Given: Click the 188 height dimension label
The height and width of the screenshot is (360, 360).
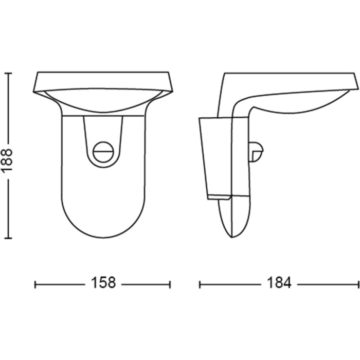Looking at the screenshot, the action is click(x=6, y=160).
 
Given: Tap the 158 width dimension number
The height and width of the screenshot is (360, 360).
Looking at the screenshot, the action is click(x=103, y=283).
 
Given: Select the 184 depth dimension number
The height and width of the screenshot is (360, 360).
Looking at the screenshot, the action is click(x=279, y=283).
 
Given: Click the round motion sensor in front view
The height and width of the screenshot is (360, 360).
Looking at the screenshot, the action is click(x=103, y=152).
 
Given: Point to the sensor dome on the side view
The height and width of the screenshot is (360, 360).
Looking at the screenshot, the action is click(x=256, y=152).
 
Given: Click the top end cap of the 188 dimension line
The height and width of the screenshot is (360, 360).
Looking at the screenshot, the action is click(x=8, y=73).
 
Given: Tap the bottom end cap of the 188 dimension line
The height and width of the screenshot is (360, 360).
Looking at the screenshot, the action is click(x=8, y=238).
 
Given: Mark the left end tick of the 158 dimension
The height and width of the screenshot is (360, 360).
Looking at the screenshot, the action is click(x=35, y=285).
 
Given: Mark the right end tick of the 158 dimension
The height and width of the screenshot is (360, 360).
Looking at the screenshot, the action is click(x=170, y=285).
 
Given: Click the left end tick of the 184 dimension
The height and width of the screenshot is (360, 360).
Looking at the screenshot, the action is click(x=200, y=285).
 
